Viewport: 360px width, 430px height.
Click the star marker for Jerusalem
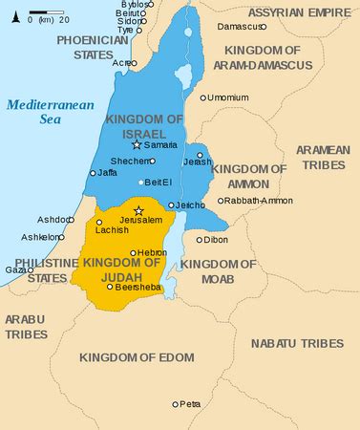pyautogui.click(x=138, y=210)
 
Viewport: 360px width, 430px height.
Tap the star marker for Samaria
pyautogui.click(x=137, y=144)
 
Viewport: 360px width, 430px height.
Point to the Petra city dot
pyautogui.click(x=175, y=404)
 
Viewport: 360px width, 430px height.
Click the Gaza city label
pyautogui.click(x=15, y=270)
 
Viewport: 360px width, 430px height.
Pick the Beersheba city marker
pyautogui.click(x=110, y=286)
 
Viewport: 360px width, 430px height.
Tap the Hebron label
pyautogui.click(x=152, y=252)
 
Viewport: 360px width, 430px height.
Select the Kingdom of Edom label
pyautogui.click(x=137, y=356)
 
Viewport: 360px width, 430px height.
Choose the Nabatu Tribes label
pyautogui.click(x=296, y=342)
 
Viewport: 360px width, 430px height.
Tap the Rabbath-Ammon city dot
pyautogui.click(x=221, y=201)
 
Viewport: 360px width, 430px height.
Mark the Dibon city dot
pyautogui.click(x=199, y=240)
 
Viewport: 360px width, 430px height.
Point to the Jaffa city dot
pyautogui.click(x=93, y=173)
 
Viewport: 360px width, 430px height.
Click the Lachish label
pyautogui.click(x=111, y=230)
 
